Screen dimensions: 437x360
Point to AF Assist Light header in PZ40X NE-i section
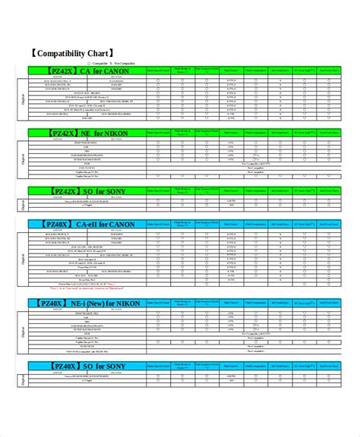(x=305, y=303)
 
